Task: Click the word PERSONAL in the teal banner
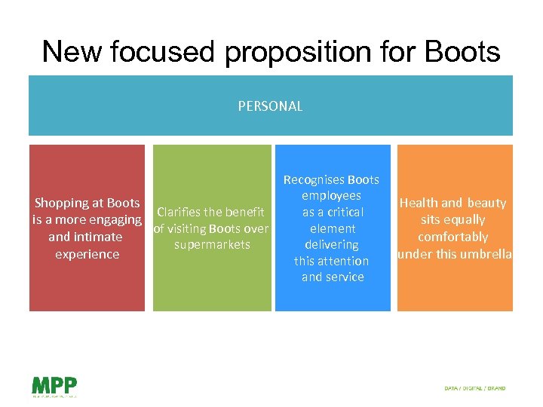click(x=270, y=106)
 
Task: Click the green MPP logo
click(x=54, y=385)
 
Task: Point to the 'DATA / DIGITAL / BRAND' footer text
click(x=475, y=389)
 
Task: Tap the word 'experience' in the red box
click(x=87, y=254)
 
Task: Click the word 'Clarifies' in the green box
click(x=181, y=212)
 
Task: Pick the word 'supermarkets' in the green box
click(x=212, y=245)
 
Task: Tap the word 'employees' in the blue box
click(x=332, y=196)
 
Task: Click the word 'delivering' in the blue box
click(x=332, y=245)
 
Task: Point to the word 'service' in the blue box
click(x=345, y=277)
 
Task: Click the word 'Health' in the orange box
click(x=419, y=203)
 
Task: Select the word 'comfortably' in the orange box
click(x=452, y=237)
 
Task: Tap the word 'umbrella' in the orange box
click(x=487, y=254)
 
